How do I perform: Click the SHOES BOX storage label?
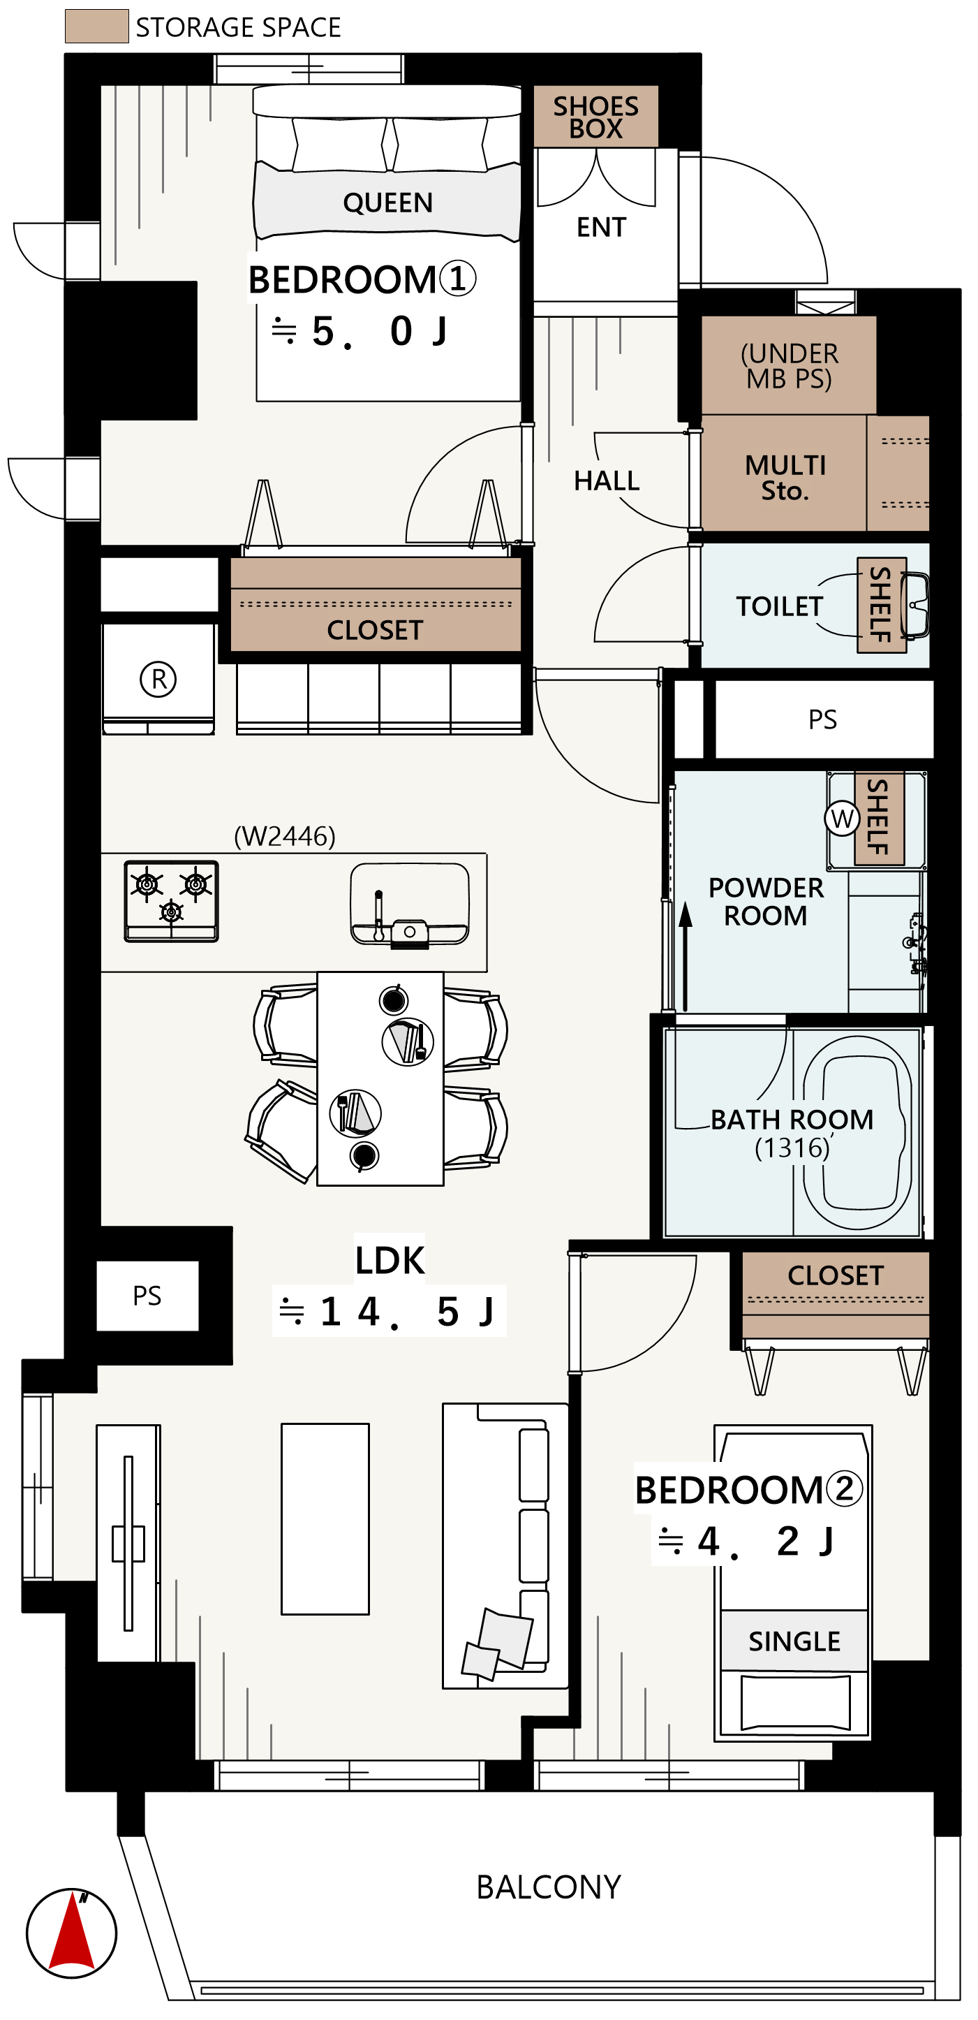(x=595, y=117)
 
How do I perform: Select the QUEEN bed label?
(x=388, y=203)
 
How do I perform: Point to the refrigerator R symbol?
(x=158, y=679)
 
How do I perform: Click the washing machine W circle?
(x=842, y=819)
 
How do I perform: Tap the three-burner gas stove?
(x=172, y=901)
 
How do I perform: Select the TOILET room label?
(x=780, y=606)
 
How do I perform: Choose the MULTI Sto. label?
(x=785, y=478)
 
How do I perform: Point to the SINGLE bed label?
(x=794, y=1641)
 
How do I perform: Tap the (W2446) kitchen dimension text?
(x=286, y=836)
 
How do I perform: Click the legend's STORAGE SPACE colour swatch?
(x=96, y=26)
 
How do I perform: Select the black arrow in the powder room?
(x=686, y=957)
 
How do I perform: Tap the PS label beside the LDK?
(x=147, y=1296)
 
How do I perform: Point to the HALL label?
(x=607, y=481)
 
